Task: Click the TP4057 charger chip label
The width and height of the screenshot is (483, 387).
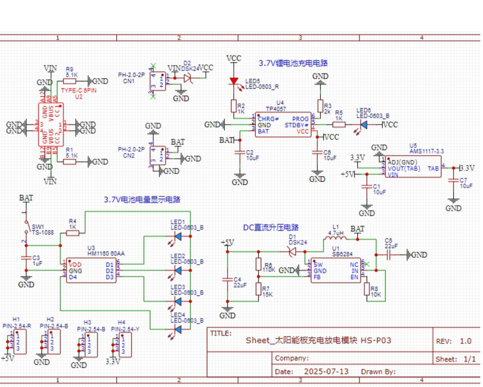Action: pos(276,109)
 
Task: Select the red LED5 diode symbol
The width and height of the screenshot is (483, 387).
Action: pos(234,81)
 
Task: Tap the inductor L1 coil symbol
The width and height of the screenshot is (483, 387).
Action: pos(335,239)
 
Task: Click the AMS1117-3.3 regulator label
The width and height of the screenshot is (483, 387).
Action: pos(426,151)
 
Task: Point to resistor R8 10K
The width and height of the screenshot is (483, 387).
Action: pos(367,289)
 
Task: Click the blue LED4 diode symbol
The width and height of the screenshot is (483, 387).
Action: pos(178,329)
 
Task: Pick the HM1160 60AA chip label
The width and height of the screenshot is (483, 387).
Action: pos(106,253)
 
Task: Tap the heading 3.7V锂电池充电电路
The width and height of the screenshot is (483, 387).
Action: pos(293,63)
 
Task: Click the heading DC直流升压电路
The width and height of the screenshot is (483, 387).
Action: pos(271,228)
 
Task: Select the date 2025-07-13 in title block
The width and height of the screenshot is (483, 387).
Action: pos(326,372)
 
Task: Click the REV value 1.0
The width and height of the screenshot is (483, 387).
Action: pos(465,341)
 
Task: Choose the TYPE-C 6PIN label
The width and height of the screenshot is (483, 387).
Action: pos(79,91)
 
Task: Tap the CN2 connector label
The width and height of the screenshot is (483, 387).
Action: pos(128,155)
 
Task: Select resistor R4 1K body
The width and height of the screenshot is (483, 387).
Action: pos(73,233)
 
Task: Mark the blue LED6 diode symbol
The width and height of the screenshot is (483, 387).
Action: pos(364,124)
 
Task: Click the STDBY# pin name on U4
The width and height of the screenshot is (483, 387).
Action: pos(296,125)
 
